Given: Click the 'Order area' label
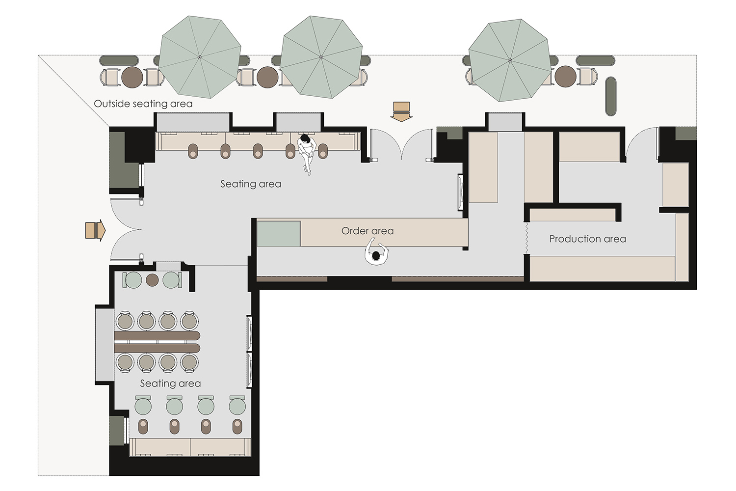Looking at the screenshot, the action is (x=368, y=231).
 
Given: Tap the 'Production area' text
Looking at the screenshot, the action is (x=587, y=239).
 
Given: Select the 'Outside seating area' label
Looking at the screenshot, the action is (x=143, y=104).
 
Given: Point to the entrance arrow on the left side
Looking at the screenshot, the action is (x=95, y=230).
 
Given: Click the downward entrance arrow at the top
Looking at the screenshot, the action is (x=401, y=111).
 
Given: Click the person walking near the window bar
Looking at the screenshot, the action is (x=307, y=153).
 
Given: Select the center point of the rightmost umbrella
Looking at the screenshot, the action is (x=510, y=60).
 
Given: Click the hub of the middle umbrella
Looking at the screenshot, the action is (x=321, y=57).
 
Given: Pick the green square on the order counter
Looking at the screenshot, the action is (x=279, y=234).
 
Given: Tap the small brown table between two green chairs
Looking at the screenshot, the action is (x=152, y=280).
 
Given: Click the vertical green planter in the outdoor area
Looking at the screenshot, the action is (x=610, y=96).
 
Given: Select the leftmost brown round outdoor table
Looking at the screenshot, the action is (x=132, y=77).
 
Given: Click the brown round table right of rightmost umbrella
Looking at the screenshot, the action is (x=565, y=76).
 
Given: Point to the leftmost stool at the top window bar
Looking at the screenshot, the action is (x=193, y=151).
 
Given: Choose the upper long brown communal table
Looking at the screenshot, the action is (x=157, y=336).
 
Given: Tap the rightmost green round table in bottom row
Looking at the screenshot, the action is (x=237, y=407).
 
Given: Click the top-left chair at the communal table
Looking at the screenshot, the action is (x=125, y=321).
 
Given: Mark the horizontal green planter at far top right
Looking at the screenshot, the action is (x=595, y=60).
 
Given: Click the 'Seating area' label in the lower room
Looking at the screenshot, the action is (x=170, y=383).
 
